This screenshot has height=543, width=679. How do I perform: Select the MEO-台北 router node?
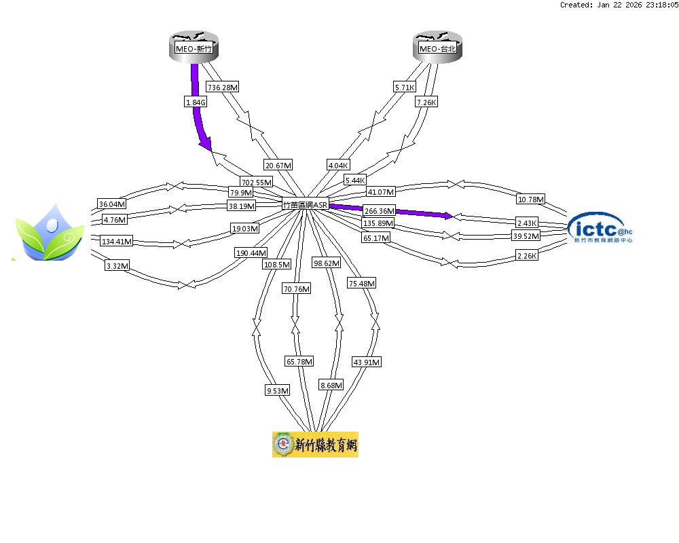[x=438, y=48]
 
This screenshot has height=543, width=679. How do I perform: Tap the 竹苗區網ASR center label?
[x=306, y=204]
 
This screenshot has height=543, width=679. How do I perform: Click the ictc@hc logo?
[x=603, y=228]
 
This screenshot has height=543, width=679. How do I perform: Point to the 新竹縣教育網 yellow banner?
[x=315, y=445]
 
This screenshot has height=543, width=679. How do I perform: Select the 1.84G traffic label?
[x=195, y=102]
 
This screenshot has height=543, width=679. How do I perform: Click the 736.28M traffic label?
[x=223, y=87]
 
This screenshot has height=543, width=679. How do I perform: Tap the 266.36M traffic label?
[x=379, y=211]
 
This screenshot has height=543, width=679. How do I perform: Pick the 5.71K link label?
[x=404, y=87]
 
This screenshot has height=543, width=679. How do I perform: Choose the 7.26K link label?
[x=426, y=102]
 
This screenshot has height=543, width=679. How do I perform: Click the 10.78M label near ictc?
[x=530, y=200]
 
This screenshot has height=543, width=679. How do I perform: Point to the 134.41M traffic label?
[x=116, y=241]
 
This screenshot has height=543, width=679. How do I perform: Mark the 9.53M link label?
[x=278, y=390]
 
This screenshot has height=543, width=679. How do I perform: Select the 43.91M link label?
[x=366, y=362]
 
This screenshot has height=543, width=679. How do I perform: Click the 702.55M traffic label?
[x=257, y=182]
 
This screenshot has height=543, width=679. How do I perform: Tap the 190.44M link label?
[x=251, y=252]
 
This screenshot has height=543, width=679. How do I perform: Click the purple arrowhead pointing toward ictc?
[x=447, y=216]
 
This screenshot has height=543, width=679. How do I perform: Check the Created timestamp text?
[x=619, y=5]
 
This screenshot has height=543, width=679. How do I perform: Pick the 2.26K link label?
[x=527, y=256]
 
